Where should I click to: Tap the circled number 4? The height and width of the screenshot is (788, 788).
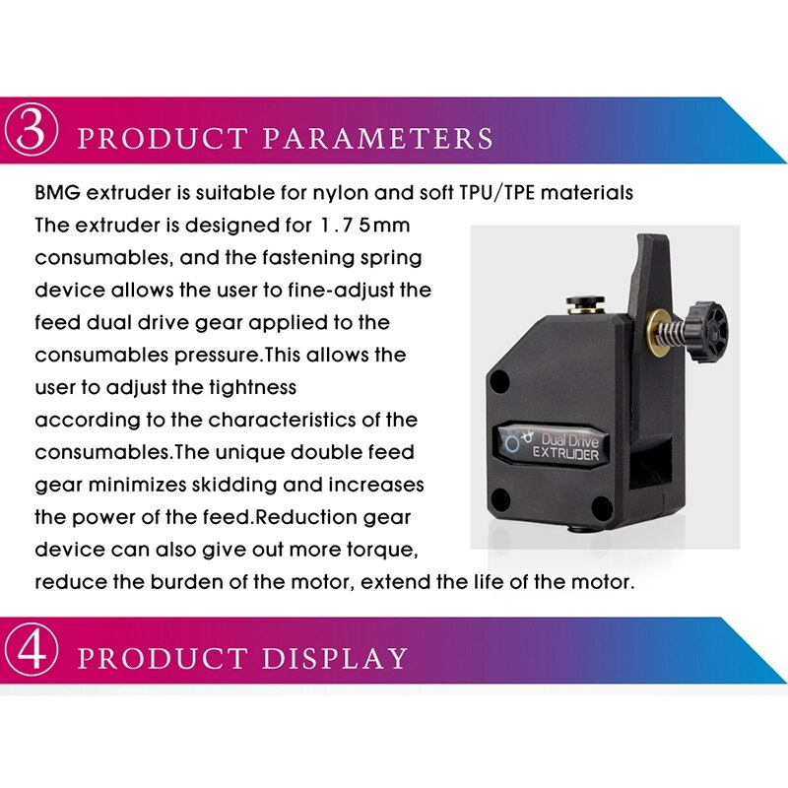tap(31, 652)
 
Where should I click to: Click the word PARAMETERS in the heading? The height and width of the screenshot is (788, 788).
tap(378, 138)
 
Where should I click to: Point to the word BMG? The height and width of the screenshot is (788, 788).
tap(57, 193)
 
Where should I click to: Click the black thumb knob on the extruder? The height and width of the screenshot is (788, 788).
tap(707, 329)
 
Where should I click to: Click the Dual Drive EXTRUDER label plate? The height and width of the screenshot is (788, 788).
tap(551, 446)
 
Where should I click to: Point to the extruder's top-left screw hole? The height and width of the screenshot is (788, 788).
tap(499, 381)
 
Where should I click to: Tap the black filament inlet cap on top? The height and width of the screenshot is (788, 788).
tap(585, 303)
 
